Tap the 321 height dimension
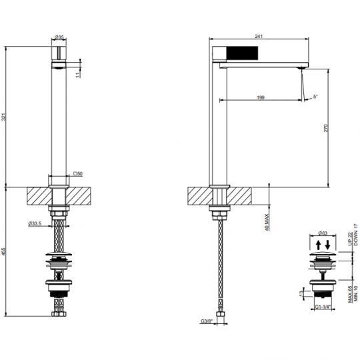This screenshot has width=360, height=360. [x=5, y=117]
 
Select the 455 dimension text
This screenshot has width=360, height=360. [x=5, y=251]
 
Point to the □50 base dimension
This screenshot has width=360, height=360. [x=77, y=174]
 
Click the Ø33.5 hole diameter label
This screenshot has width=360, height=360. [x=37, y=223]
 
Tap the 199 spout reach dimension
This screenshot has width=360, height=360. [x=261, y=98]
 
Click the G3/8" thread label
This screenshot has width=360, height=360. [x=206, y=322]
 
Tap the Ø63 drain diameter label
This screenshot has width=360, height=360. [x=323, y=234]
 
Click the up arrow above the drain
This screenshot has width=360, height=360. [x=318, y=245]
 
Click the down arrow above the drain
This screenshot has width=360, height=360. [x=328, y=245]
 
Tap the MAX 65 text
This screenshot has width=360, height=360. [x=349, y=295]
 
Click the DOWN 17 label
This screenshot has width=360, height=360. [x=356, y=236]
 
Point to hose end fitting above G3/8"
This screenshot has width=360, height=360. [x=219, y=312]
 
